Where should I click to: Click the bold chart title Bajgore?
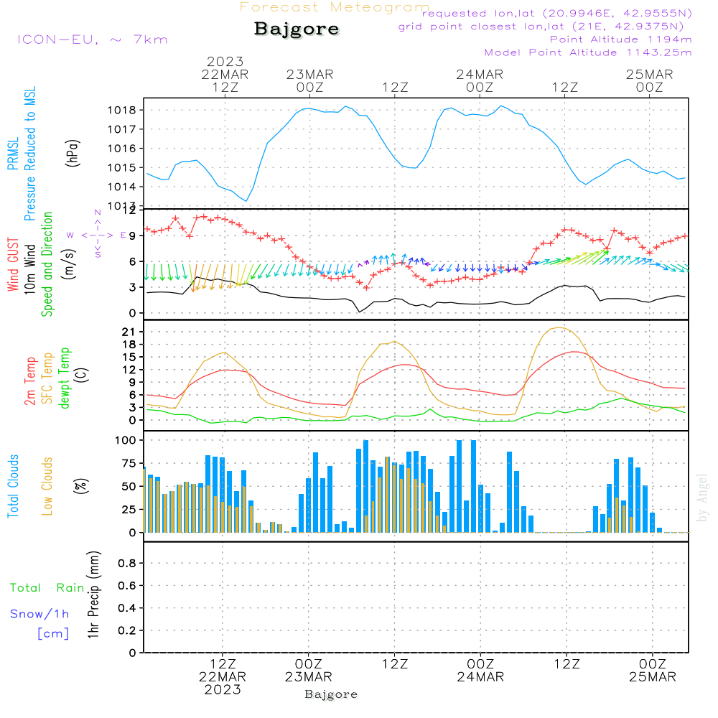297,29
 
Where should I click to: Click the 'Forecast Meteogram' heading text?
335,7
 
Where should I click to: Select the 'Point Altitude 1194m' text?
620,39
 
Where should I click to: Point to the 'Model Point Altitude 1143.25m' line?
588,52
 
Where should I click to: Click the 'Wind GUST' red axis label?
13,266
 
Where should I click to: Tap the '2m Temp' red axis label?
31,381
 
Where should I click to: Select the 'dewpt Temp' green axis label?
65,378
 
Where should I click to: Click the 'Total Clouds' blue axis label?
13,486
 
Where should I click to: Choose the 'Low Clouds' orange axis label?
47,486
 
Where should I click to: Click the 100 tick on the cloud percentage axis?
126,440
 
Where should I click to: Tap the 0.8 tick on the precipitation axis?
127,564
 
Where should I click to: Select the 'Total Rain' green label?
47,588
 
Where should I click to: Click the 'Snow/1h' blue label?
39,614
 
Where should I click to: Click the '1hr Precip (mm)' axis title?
92,596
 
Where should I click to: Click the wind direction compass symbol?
98,234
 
